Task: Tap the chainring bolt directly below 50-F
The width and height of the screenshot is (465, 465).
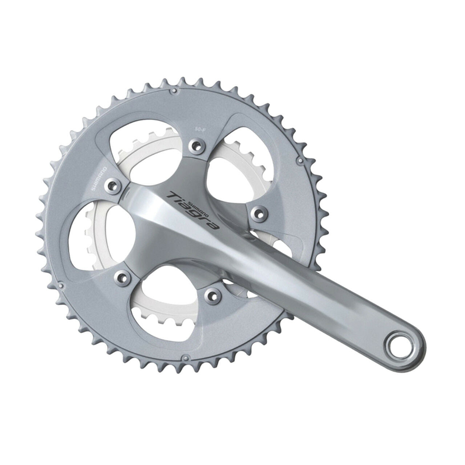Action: click(x=197, y=146)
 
